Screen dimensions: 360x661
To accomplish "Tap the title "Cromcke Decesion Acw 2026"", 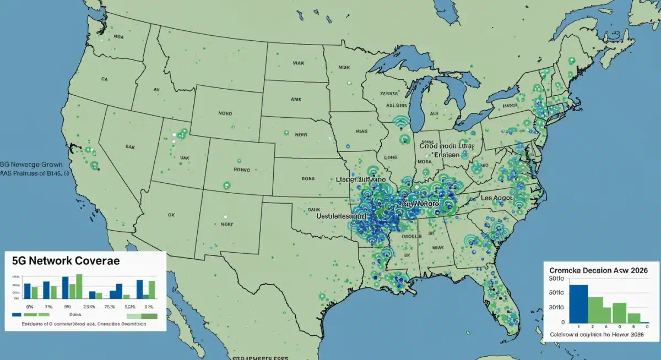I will click(599, 271).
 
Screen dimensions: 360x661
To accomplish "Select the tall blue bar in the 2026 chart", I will click(578, 303).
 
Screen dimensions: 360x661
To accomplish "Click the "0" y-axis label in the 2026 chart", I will click(563, 322).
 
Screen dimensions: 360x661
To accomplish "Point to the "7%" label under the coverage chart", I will click(48, 306).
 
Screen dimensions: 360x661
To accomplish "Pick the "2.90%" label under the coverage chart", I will click(89, 306).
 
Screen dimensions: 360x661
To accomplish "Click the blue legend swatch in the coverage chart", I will click(17, 317).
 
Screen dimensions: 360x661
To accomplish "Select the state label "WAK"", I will click(298, 64).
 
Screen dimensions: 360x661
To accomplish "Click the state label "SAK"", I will click(131, 148).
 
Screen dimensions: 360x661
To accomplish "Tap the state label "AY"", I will click(156, 89).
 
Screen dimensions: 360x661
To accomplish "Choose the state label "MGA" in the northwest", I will click(118, 38).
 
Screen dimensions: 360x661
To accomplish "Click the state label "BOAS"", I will click(308, 178).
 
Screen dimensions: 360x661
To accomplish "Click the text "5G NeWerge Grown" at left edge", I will click(31, 164).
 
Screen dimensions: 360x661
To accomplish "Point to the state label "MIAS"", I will click(361, 132).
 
